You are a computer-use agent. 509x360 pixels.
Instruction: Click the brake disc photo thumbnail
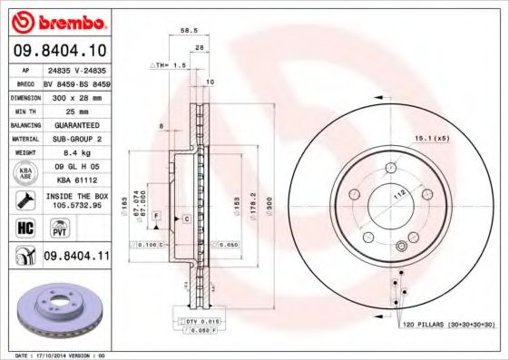click(54, 311)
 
